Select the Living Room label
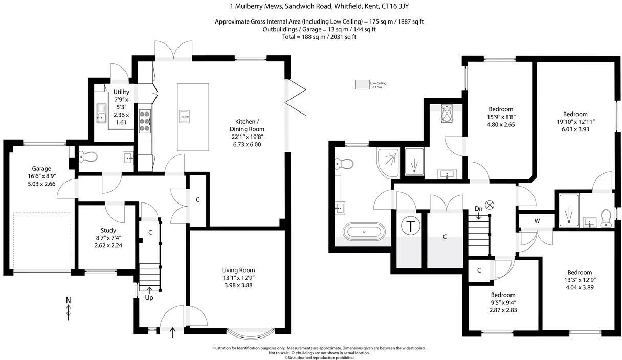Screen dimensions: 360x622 pos(238,270)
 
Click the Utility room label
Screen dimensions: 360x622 pos(121,92)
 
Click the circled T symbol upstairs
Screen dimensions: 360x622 pos(409,226)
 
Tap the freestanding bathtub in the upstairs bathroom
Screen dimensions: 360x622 pos(364,232)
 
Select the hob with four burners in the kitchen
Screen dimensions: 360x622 pos(145,121)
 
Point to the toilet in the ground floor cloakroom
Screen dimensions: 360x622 pos(88,157)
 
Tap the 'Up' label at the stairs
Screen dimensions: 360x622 pos(149,297)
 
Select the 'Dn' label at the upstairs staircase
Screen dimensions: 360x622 pos(478,209)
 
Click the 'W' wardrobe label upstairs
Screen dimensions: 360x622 pos(537,221)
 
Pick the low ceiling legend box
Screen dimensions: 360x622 pos(363,84)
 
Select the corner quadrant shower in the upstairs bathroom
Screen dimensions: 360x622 pos(389,160)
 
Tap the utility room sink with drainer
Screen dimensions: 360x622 pos(101,115)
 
